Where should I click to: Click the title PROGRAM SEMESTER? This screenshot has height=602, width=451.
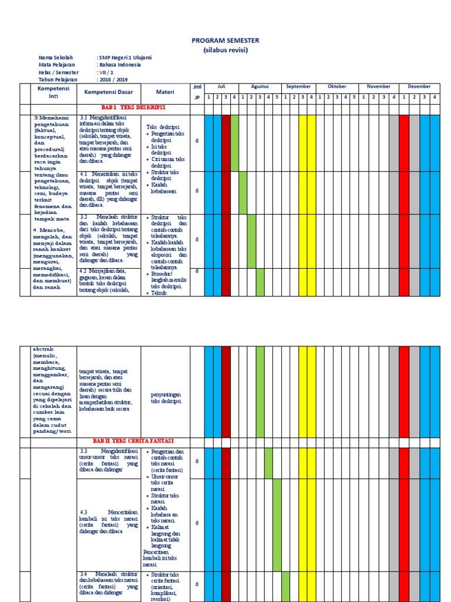[x=225, y=41]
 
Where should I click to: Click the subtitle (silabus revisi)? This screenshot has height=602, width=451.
[x=225, y=50]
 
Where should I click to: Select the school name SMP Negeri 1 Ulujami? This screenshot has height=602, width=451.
[x=124, y=58]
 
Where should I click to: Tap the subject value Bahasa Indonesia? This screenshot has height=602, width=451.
[x=119, y=65]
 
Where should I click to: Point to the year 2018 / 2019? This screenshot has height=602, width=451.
[x=113, y=79]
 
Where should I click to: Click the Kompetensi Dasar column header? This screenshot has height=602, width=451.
[x=109, y=92]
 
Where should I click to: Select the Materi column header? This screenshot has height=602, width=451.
[x=164, y=92]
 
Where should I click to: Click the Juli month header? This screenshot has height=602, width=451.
[x=221, y=86]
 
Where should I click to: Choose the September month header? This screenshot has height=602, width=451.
[x=299, y=86]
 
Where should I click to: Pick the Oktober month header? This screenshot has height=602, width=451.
[x=337, y=86]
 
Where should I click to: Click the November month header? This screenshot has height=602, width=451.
[x=379, y=86]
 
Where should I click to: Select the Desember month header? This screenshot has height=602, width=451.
[x=419, y=86]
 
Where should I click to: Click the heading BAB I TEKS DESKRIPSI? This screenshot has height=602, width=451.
[x=133, y=109]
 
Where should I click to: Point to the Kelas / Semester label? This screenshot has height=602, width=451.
[x=59, y=72]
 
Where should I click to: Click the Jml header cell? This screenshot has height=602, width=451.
[x=197, y=86]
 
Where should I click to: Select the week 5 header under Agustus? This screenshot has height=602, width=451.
[x=277, y=97]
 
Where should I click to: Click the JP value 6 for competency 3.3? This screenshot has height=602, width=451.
[x=197, y=461]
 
